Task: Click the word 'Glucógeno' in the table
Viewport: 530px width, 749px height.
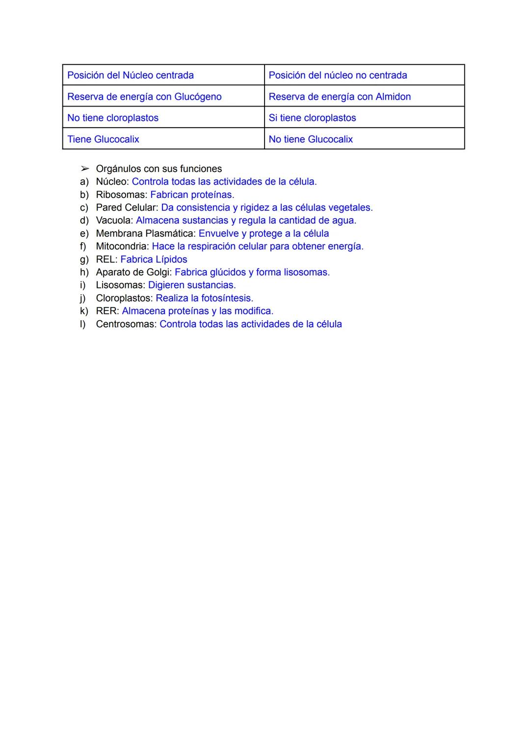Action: [198, 97]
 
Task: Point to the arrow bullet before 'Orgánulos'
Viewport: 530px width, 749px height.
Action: [85, 169]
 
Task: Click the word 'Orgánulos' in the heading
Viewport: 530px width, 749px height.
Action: [118, 169]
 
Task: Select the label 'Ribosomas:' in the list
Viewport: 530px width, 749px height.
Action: [121, 195]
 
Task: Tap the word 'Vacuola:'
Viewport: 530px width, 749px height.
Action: [114, 221]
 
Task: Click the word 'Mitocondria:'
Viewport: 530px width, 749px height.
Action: [122, 247]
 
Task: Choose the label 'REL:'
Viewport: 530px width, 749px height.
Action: [106, 259]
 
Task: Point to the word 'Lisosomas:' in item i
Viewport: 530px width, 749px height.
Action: [120, 285]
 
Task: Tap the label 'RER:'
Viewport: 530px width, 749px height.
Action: [107, 311]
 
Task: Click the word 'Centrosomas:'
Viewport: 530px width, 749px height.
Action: [126, 324]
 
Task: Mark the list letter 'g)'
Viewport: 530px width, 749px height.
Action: [84, 259]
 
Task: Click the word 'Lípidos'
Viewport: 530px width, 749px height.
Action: [171, 259]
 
